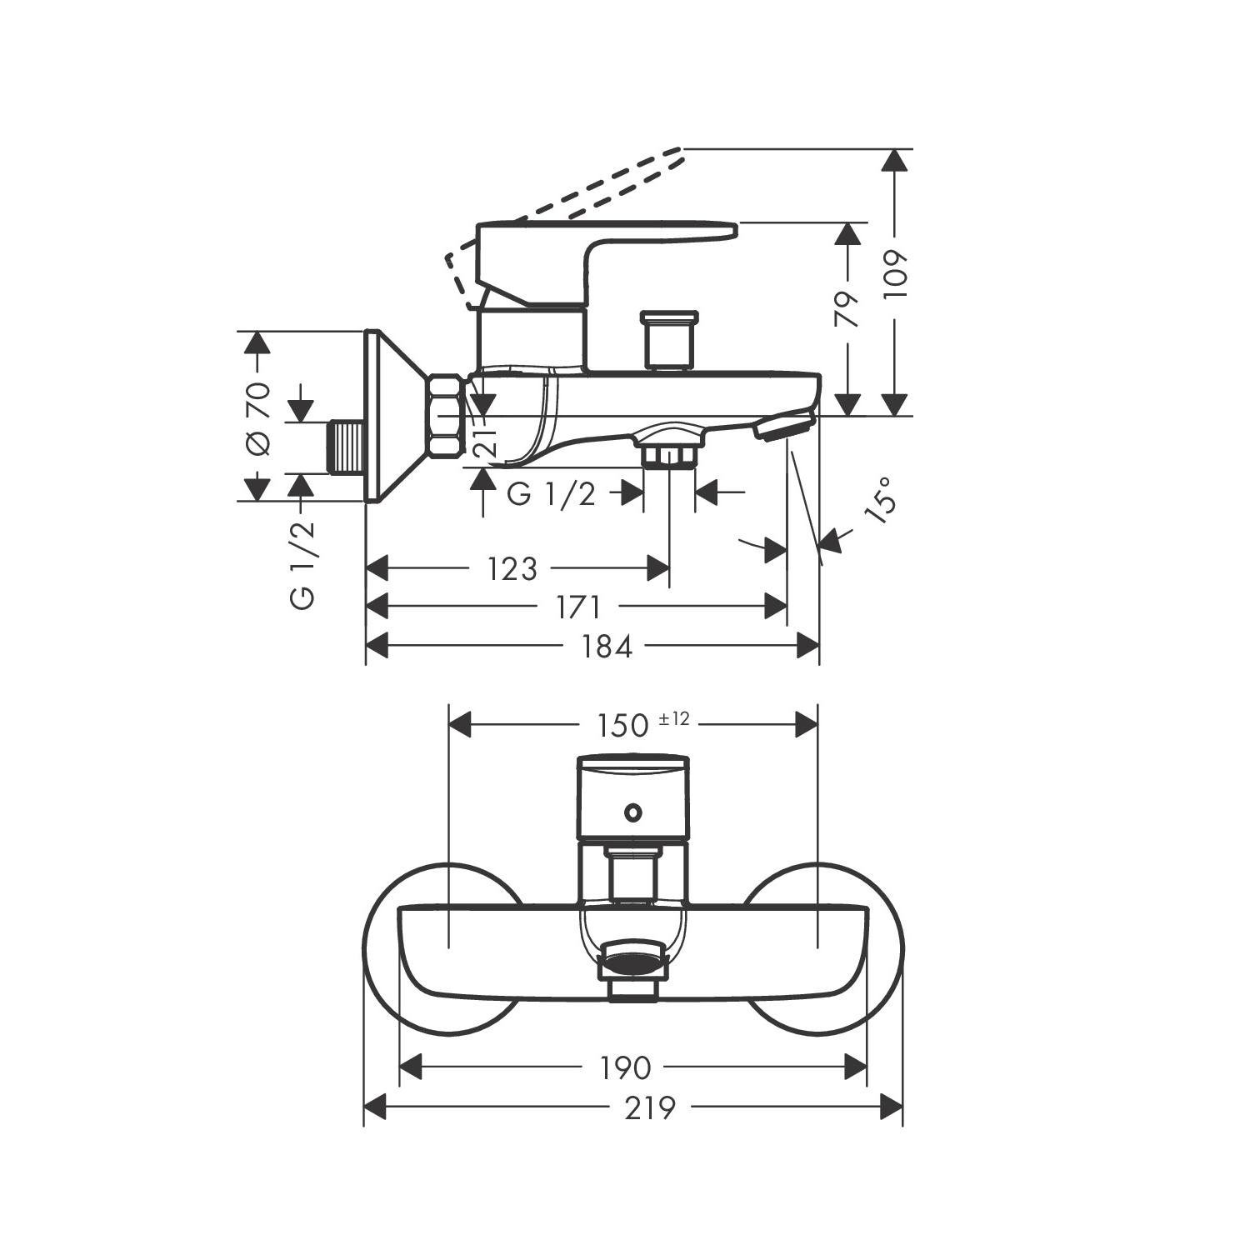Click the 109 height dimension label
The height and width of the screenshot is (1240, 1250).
[894, 274]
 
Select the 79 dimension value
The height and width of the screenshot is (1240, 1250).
[847, 309]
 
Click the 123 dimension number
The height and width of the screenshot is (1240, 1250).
[512, 569]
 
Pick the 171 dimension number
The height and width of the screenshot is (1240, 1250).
[578, 607]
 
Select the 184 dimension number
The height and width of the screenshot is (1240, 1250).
[606, 646]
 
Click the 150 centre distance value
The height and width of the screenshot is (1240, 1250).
[622, 725]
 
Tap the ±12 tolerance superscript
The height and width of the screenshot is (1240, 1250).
[674, 718]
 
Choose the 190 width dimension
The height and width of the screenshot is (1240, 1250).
[625, 1067]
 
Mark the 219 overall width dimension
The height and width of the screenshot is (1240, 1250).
[649, 1107]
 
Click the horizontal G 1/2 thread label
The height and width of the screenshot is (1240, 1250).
[551, 494]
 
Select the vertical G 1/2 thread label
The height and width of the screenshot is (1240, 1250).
[302, 565]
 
